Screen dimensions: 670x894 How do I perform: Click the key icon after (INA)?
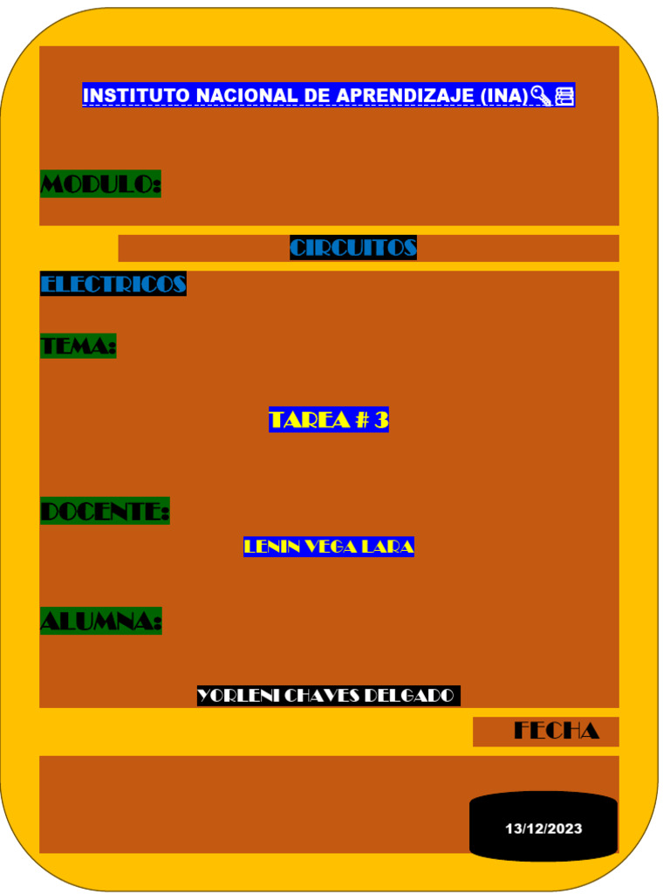[x=541, y=95]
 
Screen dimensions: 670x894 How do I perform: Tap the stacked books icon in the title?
[x=564, y=95]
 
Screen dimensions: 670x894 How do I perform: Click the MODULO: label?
[x=100, y=184]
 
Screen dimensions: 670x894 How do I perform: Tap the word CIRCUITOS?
[x=353, y=248]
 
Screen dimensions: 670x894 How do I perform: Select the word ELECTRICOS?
[x=113, y=284]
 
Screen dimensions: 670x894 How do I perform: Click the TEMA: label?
[x=79, y=347]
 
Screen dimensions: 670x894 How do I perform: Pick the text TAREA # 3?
[x=329, y=420]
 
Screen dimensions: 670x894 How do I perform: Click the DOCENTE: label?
[x=105, y=512]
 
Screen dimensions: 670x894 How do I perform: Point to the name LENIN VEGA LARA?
[x=329, y=547]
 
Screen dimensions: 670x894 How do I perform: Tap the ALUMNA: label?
[x=101, y=622]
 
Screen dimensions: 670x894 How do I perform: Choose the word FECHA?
[x=557, y=731]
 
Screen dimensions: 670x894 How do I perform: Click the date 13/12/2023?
[x=544, y=829]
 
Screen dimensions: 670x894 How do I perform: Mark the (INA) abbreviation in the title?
[x=504, y=95]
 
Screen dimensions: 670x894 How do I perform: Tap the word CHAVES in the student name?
[x=321, y=696]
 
